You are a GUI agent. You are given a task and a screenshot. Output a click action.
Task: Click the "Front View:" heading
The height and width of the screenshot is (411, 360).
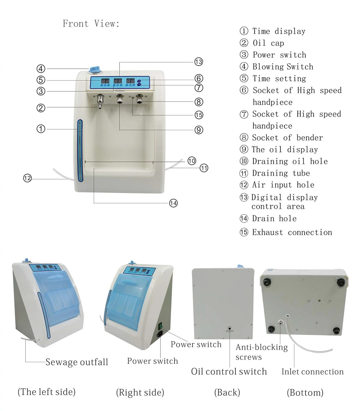[91, 24]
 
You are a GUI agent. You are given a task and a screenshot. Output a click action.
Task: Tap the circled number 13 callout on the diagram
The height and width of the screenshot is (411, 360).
[198, 61]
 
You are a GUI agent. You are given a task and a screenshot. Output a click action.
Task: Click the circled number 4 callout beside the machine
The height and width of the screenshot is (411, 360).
[41, 68]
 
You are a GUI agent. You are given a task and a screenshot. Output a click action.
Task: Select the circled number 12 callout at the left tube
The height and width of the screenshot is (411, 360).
[28, 178]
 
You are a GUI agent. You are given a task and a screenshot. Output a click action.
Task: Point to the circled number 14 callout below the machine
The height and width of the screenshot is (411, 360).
[173, 203]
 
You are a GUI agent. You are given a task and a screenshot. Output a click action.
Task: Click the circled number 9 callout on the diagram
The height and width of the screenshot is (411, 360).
[199, 130]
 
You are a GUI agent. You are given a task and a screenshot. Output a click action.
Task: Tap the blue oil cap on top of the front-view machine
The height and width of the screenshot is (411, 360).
[94, 68]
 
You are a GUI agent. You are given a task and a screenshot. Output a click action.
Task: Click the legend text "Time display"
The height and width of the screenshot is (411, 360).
[278, 31]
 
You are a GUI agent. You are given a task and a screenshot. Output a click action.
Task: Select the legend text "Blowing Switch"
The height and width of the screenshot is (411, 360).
[282, 67]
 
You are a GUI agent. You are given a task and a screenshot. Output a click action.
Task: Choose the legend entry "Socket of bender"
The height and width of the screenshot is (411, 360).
[287, 138]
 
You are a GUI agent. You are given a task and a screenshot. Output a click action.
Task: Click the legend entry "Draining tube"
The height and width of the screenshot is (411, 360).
[280, 173]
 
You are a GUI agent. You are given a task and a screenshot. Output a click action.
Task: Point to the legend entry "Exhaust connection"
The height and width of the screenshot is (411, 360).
[292, 232]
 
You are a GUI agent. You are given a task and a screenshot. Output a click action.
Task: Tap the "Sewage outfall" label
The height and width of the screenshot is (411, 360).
[77, 362]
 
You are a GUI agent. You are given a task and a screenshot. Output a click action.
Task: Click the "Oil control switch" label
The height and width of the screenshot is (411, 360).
[229, 371]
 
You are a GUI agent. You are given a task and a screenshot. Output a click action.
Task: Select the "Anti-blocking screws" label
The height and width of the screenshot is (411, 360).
[261, 352]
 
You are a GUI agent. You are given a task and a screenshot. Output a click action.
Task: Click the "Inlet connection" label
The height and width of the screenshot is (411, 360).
[312, 372]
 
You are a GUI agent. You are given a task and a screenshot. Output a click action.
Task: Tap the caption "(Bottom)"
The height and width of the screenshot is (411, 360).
[305, 392]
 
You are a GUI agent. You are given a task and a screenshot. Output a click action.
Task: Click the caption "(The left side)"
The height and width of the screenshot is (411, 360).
[46, 392]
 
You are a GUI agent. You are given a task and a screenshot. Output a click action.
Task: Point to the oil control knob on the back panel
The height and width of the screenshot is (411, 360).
[229, 328]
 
